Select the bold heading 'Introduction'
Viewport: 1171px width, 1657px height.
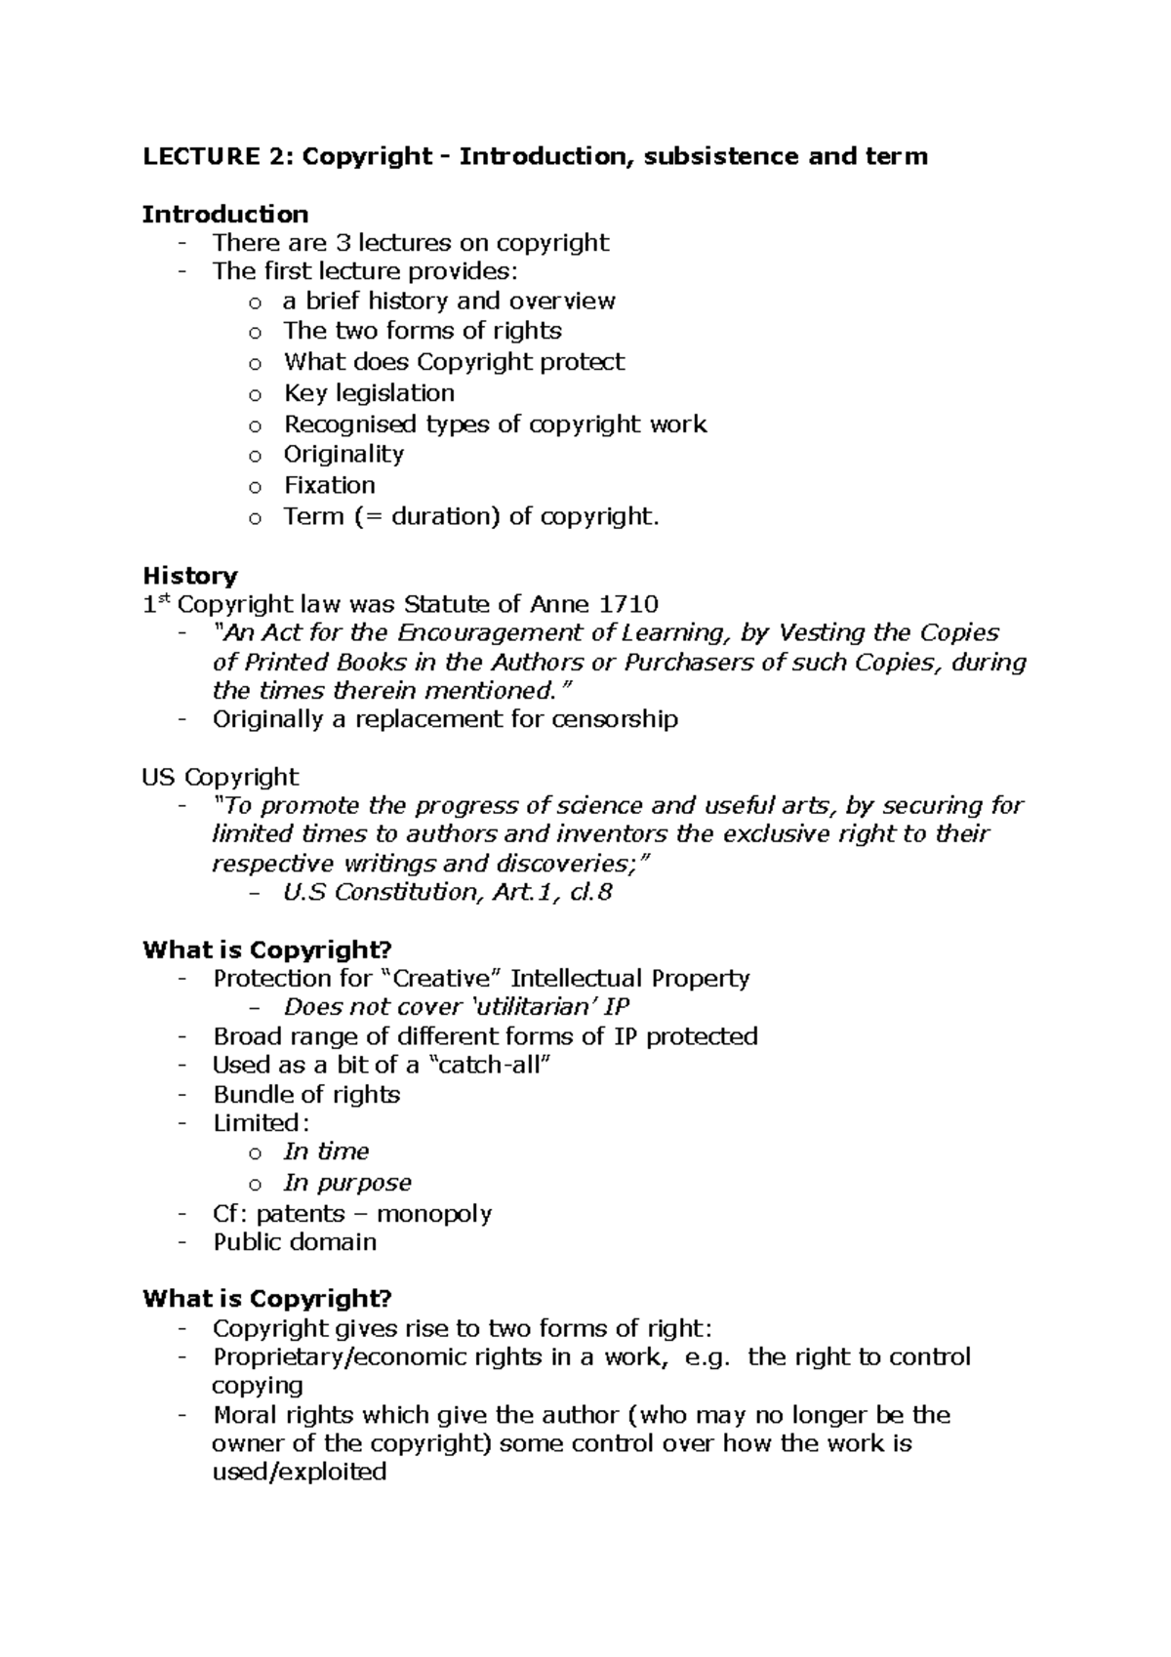(225, 214)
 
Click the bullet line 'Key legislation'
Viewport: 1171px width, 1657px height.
(369, 393)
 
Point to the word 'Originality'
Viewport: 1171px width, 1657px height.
(343, 454)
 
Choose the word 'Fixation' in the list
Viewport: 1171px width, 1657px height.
(329, 485)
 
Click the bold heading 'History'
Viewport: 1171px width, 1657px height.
(190, 575)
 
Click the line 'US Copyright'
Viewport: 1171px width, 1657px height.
(221, 777)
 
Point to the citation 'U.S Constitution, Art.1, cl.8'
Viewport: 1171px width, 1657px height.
(448, 892)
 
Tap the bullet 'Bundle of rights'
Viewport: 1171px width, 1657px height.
(306, 1094)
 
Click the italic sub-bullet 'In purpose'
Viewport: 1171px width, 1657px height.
(347, 1183)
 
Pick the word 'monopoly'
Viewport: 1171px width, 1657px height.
(434, 1214)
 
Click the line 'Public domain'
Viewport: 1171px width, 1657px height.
(295, 1242)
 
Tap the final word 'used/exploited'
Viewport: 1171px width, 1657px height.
(300, 1472)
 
